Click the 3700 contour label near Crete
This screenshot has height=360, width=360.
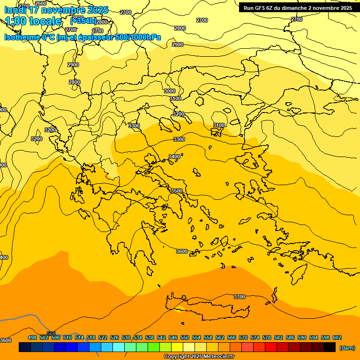[239, 297]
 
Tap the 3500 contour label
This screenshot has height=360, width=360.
[176, 191]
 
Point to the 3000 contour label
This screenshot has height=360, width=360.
[170, 91]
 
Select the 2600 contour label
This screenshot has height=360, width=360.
[41, 3]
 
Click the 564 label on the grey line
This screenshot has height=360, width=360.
[51, 334]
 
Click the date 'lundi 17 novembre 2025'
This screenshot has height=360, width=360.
[56, 10]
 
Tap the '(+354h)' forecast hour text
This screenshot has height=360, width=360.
[83, 21]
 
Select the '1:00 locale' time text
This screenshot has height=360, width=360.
[33, 21]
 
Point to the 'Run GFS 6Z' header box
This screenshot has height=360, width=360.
[298, 7]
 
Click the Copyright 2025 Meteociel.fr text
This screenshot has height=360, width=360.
[199, 357]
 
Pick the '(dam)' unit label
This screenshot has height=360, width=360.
[347, 348]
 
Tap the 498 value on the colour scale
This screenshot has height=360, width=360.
[32, 337]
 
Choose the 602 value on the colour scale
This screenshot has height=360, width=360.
[337, 337]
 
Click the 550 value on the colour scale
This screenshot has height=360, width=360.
[185, 337]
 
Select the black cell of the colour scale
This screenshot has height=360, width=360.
[330, 347]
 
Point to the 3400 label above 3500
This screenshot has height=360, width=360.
[174, 157]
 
